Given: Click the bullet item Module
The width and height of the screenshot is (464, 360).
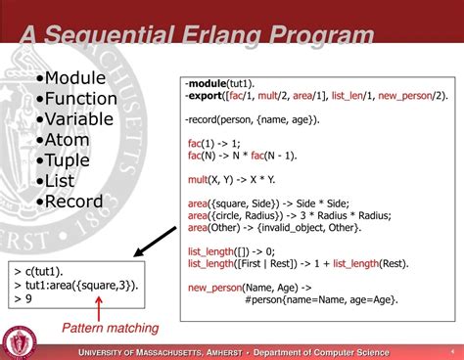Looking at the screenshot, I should click(x=76, y=78).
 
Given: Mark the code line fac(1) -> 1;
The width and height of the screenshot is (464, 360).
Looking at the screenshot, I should click(x=213, y=142).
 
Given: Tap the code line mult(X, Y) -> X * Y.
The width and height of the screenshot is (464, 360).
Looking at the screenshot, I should click(x=230, y=178).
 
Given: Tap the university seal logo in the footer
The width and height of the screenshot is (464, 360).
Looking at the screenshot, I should click(x=17, y=341).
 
